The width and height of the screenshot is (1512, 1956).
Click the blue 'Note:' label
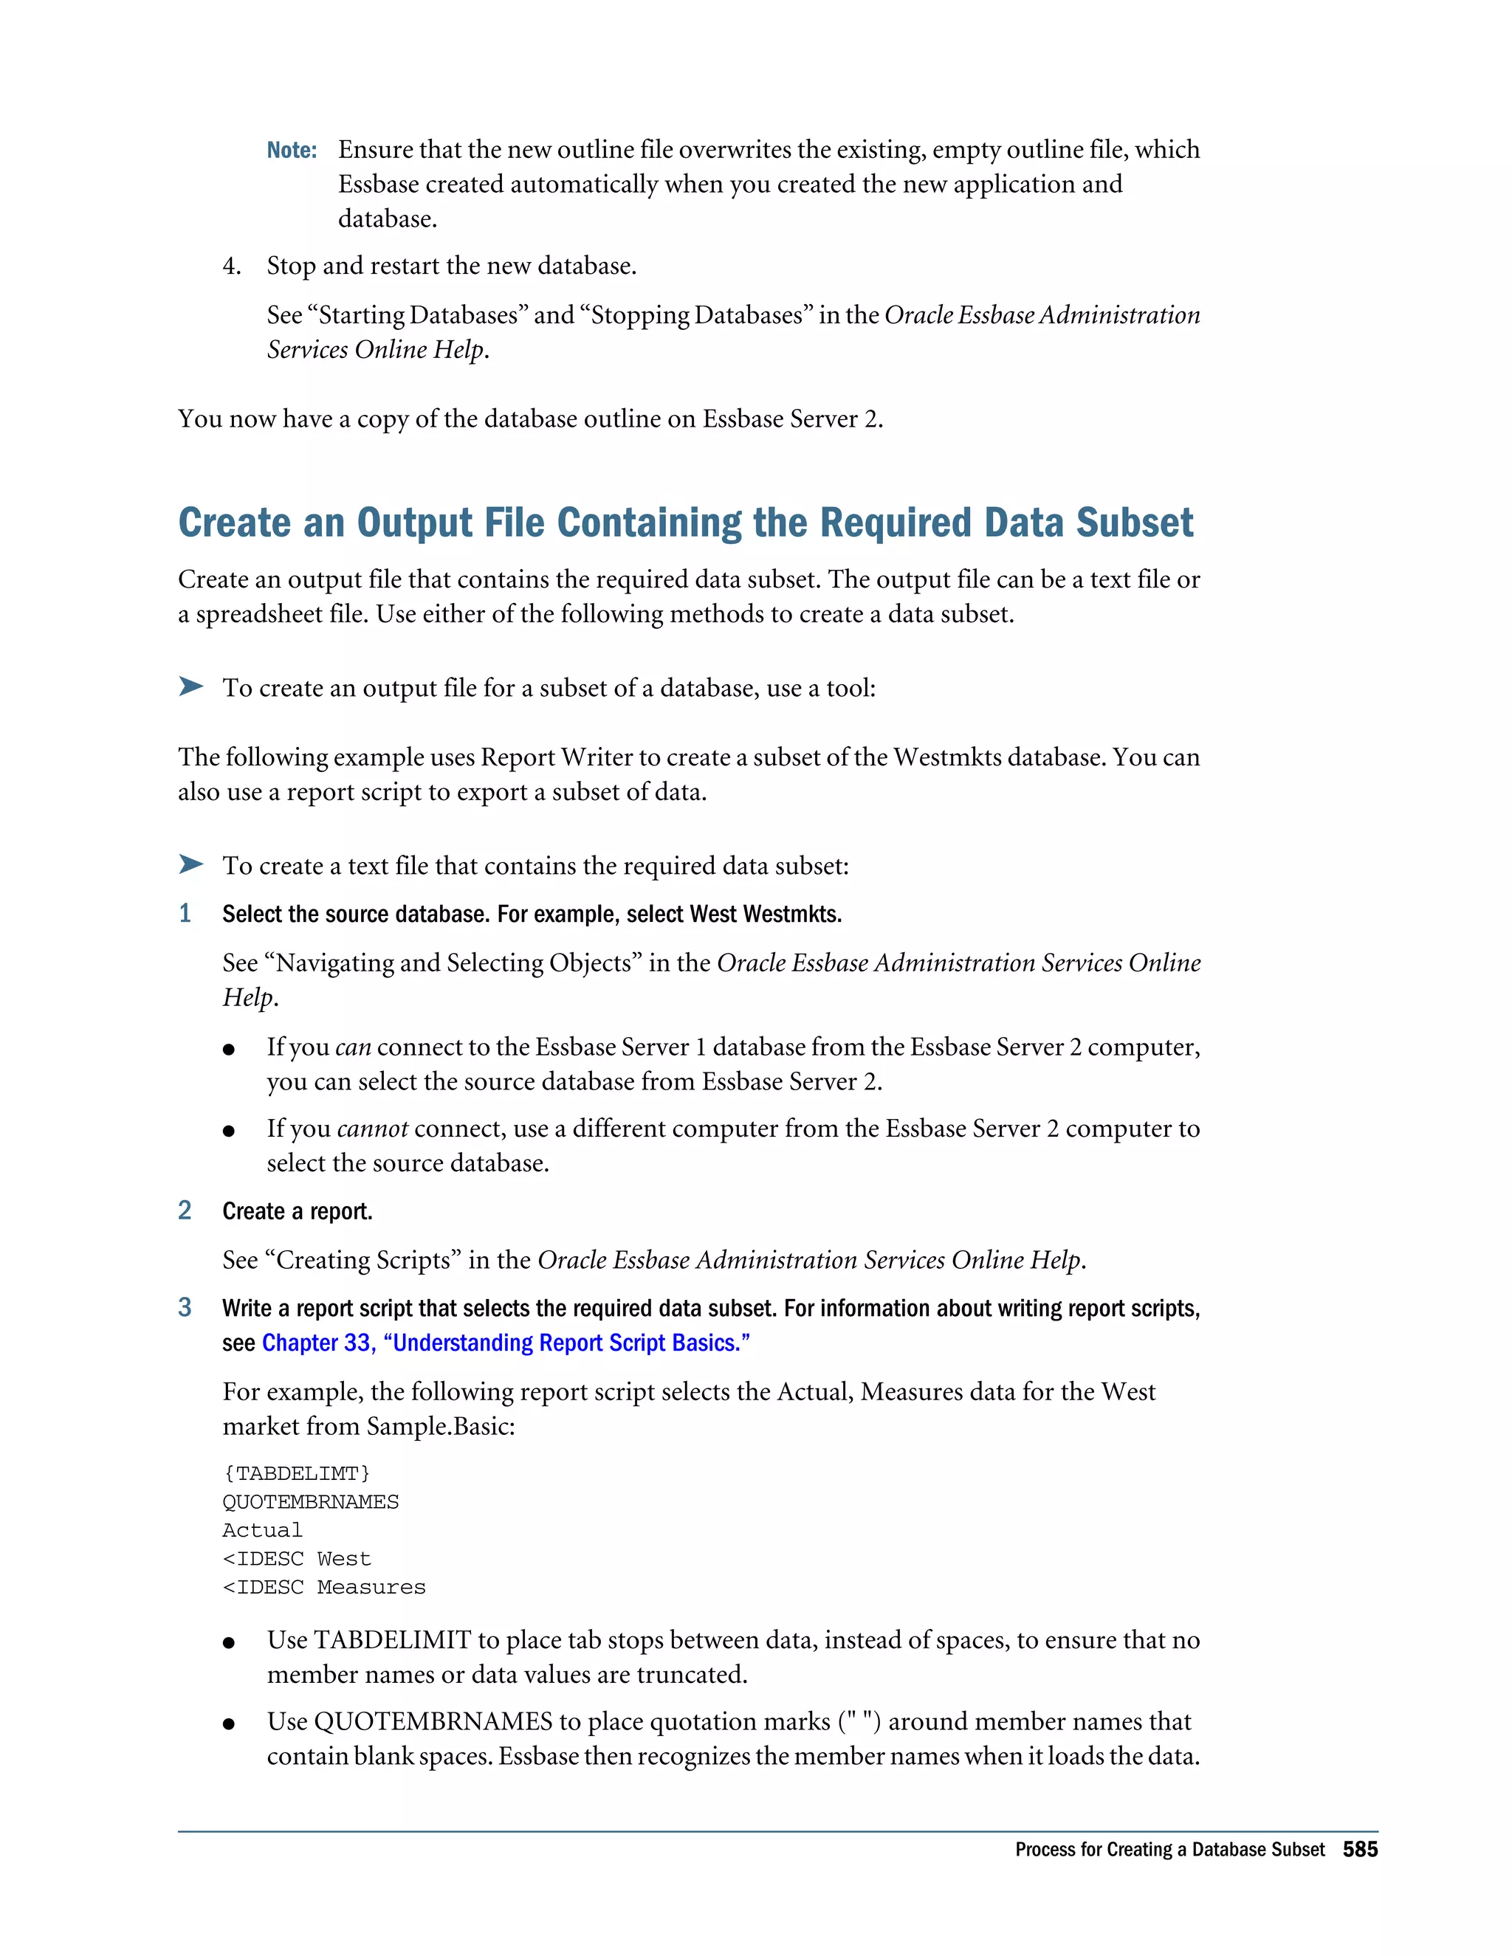coord(292,151)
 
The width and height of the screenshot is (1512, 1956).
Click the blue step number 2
coord(185,1210)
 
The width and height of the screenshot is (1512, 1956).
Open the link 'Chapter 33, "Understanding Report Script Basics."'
coord(505,1343)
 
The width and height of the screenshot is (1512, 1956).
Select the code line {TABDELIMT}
coord(297,1473)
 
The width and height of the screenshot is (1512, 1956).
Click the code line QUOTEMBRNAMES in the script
coord(311,1502)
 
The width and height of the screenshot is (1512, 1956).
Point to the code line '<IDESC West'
coord(297,1559)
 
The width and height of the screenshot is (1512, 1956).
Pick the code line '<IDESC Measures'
coord(324,1588)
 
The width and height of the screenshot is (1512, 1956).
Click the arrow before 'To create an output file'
coord(190,687)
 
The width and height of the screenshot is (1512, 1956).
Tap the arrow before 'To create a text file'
coord(190,864)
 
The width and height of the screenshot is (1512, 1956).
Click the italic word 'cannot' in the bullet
coord(372,1129)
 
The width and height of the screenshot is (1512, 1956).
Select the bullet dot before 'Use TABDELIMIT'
coord(230,1642)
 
